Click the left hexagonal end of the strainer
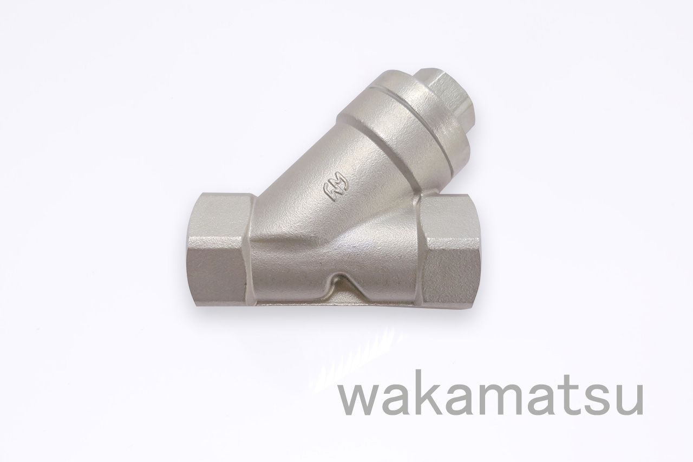click(x=217, y=249)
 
